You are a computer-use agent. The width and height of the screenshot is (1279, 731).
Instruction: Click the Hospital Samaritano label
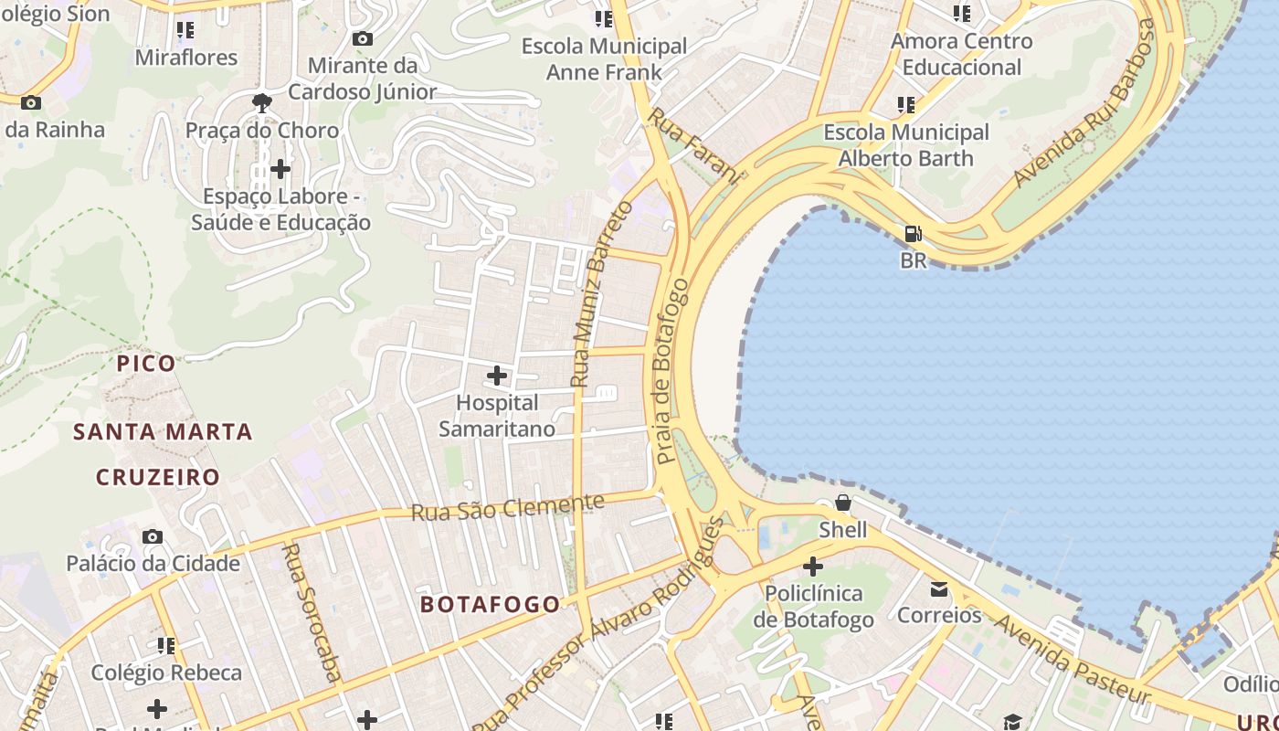coord(496,416)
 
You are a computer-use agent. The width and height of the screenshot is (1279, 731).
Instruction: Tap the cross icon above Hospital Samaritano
coord(496,376)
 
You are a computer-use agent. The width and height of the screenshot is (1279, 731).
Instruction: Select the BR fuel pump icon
coord(913,234)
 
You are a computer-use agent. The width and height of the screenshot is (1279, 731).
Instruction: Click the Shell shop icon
coord(842,503)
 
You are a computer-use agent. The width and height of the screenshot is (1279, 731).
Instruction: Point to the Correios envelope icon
coord(939,589)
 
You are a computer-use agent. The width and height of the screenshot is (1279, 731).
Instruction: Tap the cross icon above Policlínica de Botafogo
coord(812,567)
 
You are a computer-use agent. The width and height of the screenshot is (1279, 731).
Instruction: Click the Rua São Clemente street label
coord(507,507)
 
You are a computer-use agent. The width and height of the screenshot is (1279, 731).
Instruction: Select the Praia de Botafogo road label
coord(671,370)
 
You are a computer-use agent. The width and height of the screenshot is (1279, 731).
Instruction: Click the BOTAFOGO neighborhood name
coord(490,604)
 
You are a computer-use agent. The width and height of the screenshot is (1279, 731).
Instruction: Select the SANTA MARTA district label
coord(163,431)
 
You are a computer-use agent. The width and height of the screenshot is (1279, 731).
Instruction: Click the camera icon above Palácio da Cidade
coord(153,536)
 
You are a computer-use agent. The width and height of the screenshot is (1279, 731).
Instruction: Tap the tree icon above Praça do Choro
coord(262,102)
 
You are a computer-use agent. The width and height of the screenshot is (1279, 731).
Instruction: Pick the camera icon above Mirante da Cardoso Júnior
coord(362,38)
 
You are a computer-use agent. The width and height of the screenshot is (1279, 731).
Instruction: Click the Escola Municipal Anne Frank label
coord(604,58)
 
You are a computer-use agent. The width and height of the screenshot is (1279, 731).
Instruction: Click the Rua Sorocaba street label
coord(312,612)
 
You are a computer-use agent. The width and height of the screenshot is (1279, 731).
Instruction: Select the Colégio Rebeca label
coord(166,673)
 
